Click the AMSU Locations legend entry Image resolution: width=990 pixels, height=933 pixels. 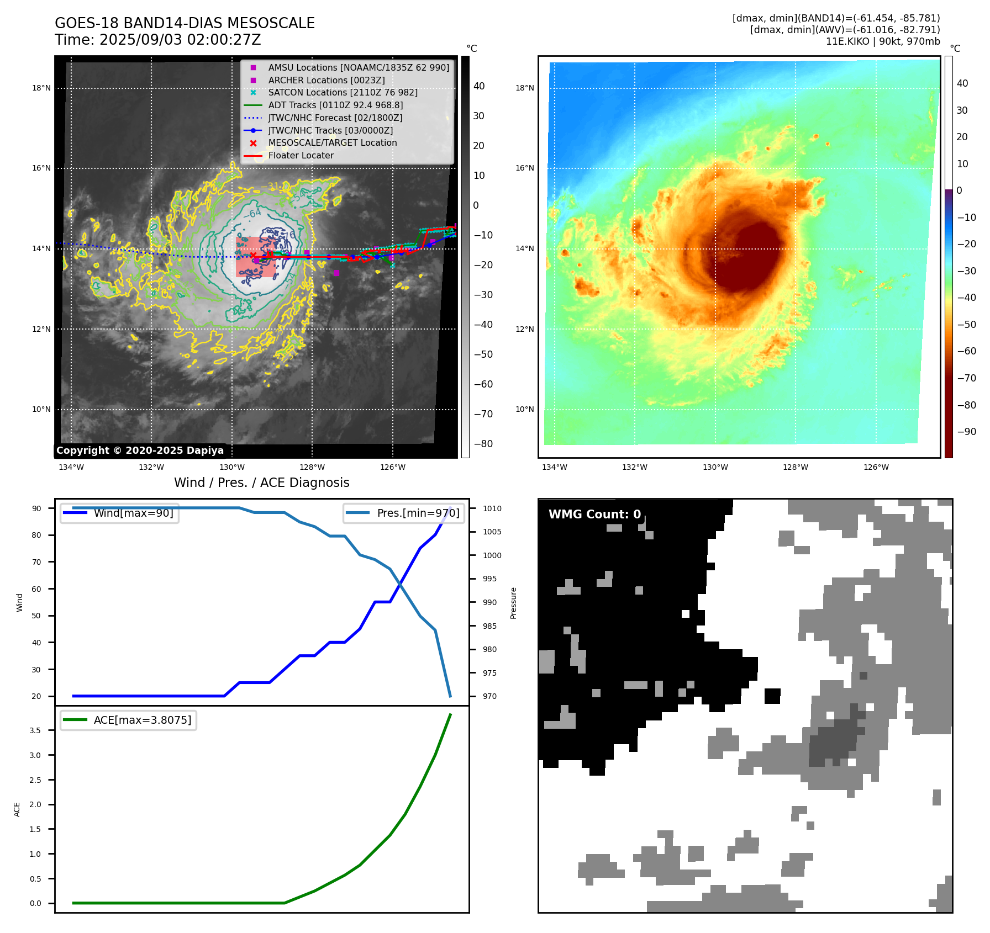[358, 67]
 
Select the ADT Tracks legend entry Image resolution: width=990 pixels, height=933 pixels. [335, 105]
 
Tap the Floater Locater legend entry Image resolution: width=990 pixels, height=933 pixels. [301, 155]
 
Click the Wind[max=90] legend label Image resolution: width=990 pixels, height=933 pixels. [133, 513]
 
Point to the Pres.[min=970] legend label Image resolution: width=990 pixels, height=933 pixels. [418, 513]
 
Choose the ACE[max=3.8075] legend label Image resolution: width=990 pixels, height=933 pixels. [143, 720]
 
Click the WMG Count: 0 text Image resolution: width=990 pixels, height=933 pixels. [594, 514]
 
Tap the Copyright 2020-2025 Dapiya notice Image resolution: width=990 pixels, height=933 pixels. [140, 450]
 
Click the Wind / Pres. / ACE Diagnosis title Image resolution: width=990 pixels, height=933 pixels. [261, 483]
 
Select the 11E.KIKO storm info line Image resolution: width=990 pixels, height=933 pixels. [882, 41]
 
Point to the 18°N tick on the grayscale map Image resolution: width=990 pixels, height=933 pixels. [41, 88]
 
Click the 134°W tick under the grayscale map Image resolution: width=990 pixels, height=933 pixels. [71, 467]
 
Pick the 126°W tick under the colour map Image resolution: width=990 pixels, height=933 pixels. [876, 467]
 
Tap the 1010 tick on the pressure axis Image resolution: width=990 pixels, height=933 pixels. [492, 508]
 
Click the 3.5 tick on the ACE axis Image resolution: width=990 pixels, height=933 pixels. [35, 730]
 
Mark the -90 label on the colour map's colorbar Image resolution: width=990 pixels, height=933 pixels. [966, 432]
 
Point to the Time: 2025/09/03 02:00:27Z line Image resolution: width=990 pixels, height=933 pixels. [157, 40]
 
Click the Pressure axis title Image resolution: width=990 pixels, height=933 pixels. [513, 603]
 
